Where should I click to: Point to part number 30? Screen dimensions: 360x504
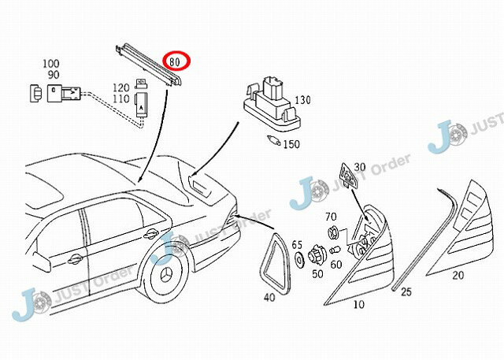pyautogui.click(x=360, y=167)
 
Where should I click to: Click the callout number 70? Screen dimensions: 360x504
pyautogui.click(x=331, y=216)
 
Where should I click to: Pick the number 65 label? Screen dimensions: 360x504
pyautogui.click(x=297, y=245)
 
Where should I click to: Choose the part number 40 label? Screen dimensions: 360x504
pyautogui.click(x=269, y=297)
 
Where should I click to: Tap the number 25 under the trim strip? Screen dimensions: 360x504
pyautogui.click(x=406, y=291)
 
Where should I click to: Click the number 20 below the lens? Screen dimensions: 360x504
pyautogui.click(x=458, y=275)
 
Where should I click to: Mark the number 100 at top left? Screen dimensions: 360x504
pyautogui.click(x=50, y=63)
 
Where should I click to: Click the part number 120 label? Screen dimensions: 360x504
pyautogui.click(x=120, y=87)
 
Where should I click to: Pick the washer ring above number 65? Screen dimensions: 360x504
pyautogui.click(x=299, y=258)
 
